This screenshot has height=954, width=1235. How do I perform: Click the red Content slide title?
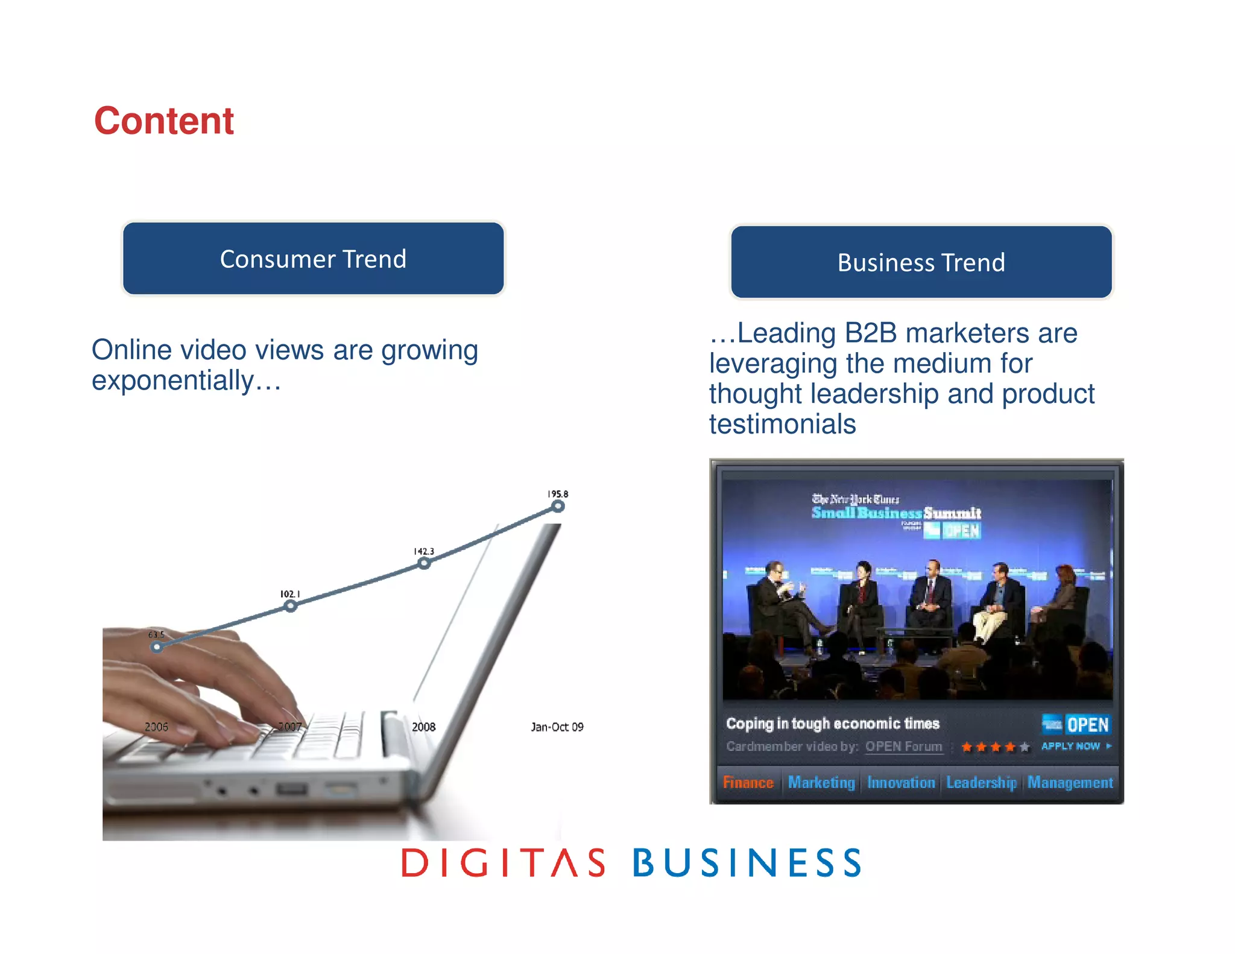(x=163, y=121)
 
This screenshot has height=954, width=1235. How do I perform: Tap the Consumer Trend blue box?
(x=313, y=259)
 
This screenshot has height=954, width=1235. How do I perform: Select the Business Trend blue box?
(x=921, y=262)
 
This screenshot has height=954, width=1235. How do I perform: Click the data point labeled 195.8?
(x=558, y=507)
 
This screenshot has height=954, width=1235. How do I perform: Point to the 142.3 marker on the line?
(x=425, y=563)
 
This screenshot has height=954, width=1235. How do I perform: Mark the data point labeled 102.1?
(x=291, y=606)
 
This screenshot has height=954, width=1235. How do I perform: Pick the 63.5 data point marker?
(x=157, y=647)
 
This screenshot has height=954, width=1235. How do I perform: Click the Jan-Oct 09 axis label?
(x=557, y=727)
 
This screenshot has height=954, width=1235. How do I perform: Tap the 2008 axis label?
(x=423, y=727)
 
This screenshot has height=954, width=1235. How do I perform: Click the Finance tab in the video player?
(x=748, y=783)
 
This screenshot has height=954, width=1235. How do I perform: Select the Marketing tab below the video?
(x=821, y=783)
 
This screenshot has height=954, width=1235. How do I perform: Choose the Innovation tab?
(x=901, y=783)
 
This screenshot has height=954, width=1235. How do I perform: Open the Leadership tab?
(x=981, y=783)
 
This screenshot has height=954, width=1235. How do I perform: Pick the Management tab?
(x=1070, y=783)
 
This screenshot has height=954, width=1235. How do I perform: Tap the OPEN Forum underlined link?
(x=903, y=747)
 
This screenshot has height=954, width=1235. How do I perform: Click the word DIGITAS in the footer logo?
(x=504, y=862)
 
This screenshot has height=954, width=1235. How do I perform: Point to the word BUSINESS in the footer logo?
(x=747, y=862)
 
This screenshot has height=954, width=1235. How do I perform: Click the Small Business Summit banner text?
(x=896, y=513)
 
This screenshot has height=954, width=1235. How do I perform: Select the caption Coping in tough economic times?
(x=833, y=724)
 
